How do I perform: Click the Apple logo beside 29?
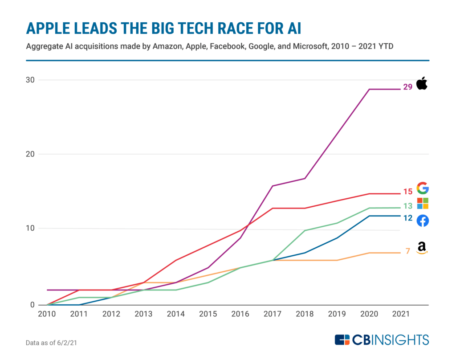422,83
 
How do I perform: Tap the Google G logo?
423,188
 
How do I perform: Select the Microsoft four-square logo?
423,204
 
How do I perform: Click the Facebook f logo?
423,221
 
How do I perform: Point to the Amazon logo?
422,248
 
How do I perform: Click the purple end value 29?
408,87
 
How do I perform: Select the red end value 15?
408,192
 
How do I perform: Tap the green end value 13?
408,206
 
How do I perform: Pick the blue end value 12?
408,218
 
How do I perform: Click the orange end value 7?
408,251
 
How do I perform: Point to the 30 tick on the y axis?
30,80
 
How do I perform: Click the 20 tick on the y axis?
30,154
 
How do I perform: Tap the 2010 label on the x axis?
47,314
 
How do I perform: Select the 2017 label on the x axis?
273,314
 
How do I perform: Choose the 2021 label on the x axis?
401,314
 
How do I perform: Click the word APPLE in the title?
48,29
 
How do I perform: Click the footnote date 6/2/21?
67,343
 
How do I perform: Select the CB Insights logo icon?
342,340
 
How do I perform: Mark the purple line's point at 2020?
369,90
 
